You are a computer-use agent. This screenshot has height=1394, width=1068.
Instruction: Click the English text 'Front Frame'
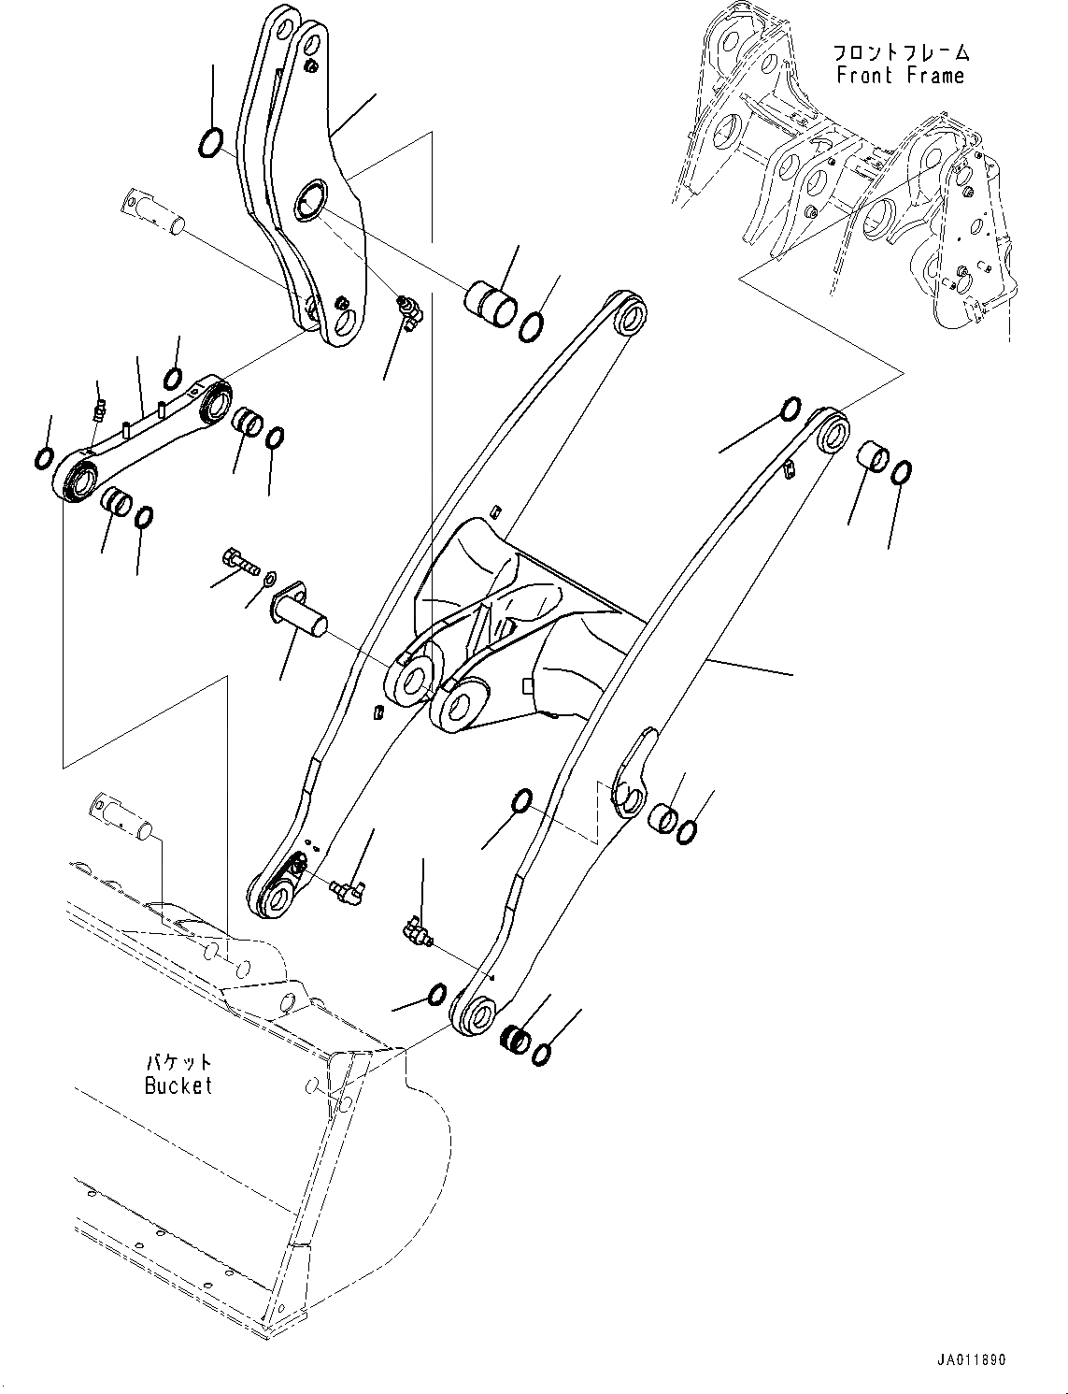pyautogui.click(x=900, y=76)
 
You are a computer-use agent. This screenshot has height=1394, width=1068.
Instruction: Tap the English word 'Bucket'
pyautogui.click(x=178, y=1085)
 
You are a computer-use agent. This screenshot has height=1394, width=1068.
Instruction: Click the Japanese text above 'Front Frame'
pyautogui.click(x=900, y=52)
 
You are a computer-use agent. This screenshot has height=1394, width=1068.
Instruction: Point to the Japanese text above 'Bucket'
pyautogui.click(x=178, y=1063)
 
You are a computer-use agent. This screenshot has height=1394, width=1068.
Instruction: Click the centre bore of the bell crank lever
pyautogui.click(x=308, y=202)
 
